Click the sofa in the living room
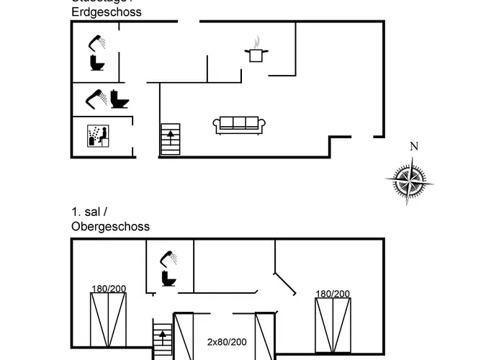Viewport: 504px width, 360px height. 240,125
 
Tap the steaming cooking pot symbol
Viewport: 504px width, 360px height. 256,52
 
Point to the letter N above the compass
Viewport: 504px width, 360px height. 413,147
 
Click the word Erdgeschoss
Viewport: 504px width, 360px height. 107,12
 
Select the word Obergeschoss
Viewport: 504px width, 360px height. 110,226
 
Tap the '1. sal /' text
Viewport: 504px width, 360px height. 89,212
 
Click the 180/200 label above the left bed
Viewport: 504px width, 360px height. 109,289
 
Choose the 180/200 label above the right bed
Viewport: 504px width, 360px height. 333,293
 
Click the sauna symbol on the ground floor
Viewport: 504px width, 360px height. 98,135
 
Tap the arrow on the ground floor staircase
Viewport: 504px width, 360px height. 171,134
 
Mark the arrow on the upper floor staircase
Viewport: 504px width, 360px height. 163,336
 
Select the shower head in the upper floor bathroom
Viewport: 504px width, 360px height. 169,256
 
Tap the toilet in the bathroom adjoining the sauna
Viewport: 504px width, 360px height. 120,99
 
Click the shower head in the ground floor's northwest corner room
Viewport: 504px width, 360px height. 97,42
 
